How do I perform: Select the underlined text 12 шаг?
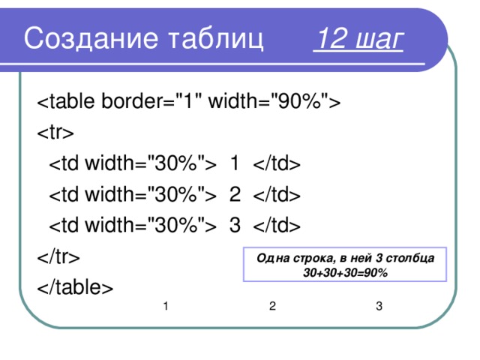coord(358,38)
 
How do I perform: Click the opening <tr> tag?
coord(55,132)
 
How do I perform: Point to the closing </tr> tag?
coord(58,256)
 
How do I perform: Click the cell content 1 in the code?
coord(235,163)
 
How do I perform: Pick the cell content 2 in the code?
coord(235,194)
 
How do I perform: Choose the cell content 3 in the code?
coord(235,225)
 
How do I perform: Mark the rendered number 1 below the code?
coord(165,306)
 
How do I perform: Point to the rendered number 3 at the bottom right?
coord(379,306)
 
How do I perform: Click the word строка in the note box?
coord(308,259)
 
